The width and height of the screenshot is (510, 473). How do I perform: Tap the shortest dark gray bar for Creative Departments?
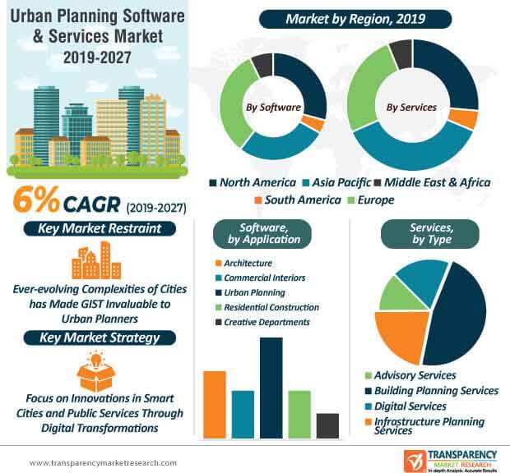pos(327,425)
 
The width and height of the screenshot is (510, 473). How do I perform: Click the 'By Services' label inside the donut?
pos(413,107)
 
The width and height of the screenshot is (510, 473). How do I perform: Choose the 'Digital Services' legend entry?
pos(409,406)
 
